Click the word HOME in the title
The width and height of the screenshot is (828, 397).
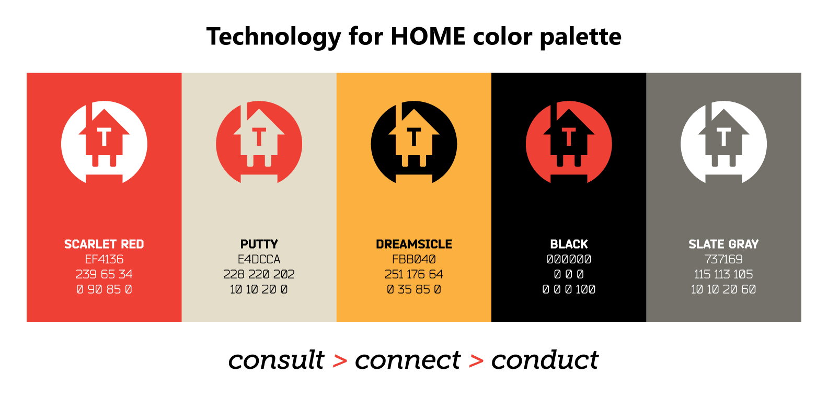428,36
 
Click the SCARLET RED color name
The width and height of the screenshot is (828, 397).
104,244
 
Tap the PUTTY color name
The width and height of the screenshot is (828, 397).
259,244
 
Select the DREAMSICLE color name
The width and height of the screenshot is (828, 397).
413,244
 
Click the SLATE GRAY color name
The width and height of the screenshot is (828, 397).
723,244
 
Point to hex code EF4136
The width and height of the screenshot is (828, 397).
104,259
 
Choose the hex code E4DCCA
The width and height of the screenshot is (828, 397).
259,259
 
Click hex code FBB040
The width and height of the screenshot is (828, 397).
413,259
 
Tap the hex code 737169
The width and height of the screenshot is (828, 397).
723,259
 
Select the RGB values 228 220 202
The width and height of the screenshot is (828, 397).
259,274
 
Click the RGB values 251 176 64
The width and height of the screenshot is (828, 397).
413,274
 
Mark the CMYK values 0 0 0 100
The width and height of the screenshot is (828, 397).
569,289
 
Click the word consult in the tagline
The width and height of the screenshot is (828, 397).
276,360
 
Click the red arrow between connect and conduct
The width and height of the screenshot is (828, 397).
476,361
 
